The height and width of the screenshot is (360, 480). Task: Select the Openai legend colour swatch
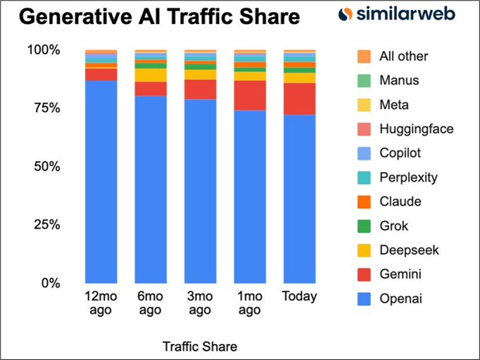pyautogui.click(x=364, y=300)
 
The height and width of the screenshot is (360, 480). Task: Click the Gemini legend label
pyautogui.click(x=400, y=276)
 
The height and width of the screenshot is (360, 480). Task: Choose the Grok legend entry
pyautogui.click(x=393, y=226)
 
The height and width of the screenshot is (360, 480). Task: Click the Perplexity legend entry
pyautogui.click(x=408, y=178)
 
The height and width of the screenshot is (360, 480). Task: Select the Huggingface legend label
pyautogui.click(x=416, y=129)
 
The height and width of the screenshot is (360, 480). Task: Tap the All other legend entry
pyautogui.click(x=403, y=56)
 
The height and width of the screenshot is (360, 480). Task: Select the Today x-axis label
pyautogui.click(x=299, y=296)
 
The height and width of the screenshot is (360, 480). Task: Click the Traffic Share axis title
pyautogui.click(x=200, y=347)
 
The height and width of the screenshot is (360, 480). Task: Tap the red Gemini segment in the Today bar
pyautogui.click(x=299, y=99)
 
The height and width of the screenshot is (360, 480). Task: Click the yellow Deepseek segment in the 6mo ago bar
pyautogui.click(x=151, y=75)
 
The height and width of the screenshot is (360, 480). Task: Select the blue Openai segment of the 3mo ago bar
pyautogui.click(x=200, y=190)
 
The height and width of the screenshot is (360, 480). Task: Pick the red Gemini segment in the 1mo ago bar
pyautogui.click(x=250, y=96)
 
